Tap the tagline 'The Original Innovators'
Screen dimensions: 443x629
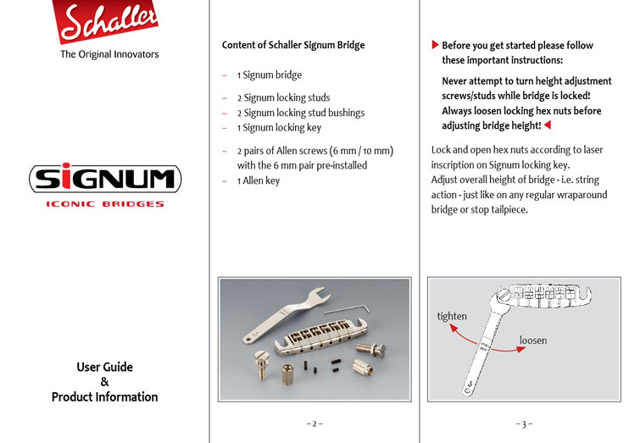(109, 54)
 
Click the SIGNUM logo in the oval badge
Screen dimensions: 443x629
(105, 179)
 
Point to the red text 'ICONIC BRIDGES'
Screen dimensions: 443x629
(105, 204)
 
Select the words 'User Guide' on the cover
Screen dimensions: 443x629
(104, 367)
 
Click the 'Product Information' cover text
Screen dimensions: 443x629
(104, 396)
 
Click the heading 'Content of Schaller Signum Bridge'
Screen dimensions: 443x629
(292, 45)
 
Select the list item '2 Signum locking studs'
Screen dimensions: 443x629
(283, 97)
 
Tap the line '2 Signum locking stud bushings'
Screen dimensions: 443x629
(300, 113)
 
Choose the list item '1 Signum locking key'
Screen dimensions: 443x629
(279, 128)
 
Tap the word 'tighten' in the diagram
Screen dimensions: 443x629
(452, 316)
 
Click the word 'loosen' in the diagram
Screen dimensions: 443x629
(532, 341)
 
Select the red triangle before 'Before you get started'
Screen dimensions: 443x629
(435, 44)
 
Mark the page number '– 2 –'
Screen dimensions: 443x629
(314, 424)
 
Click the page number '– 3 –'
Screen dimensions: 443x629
(524, 424)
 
